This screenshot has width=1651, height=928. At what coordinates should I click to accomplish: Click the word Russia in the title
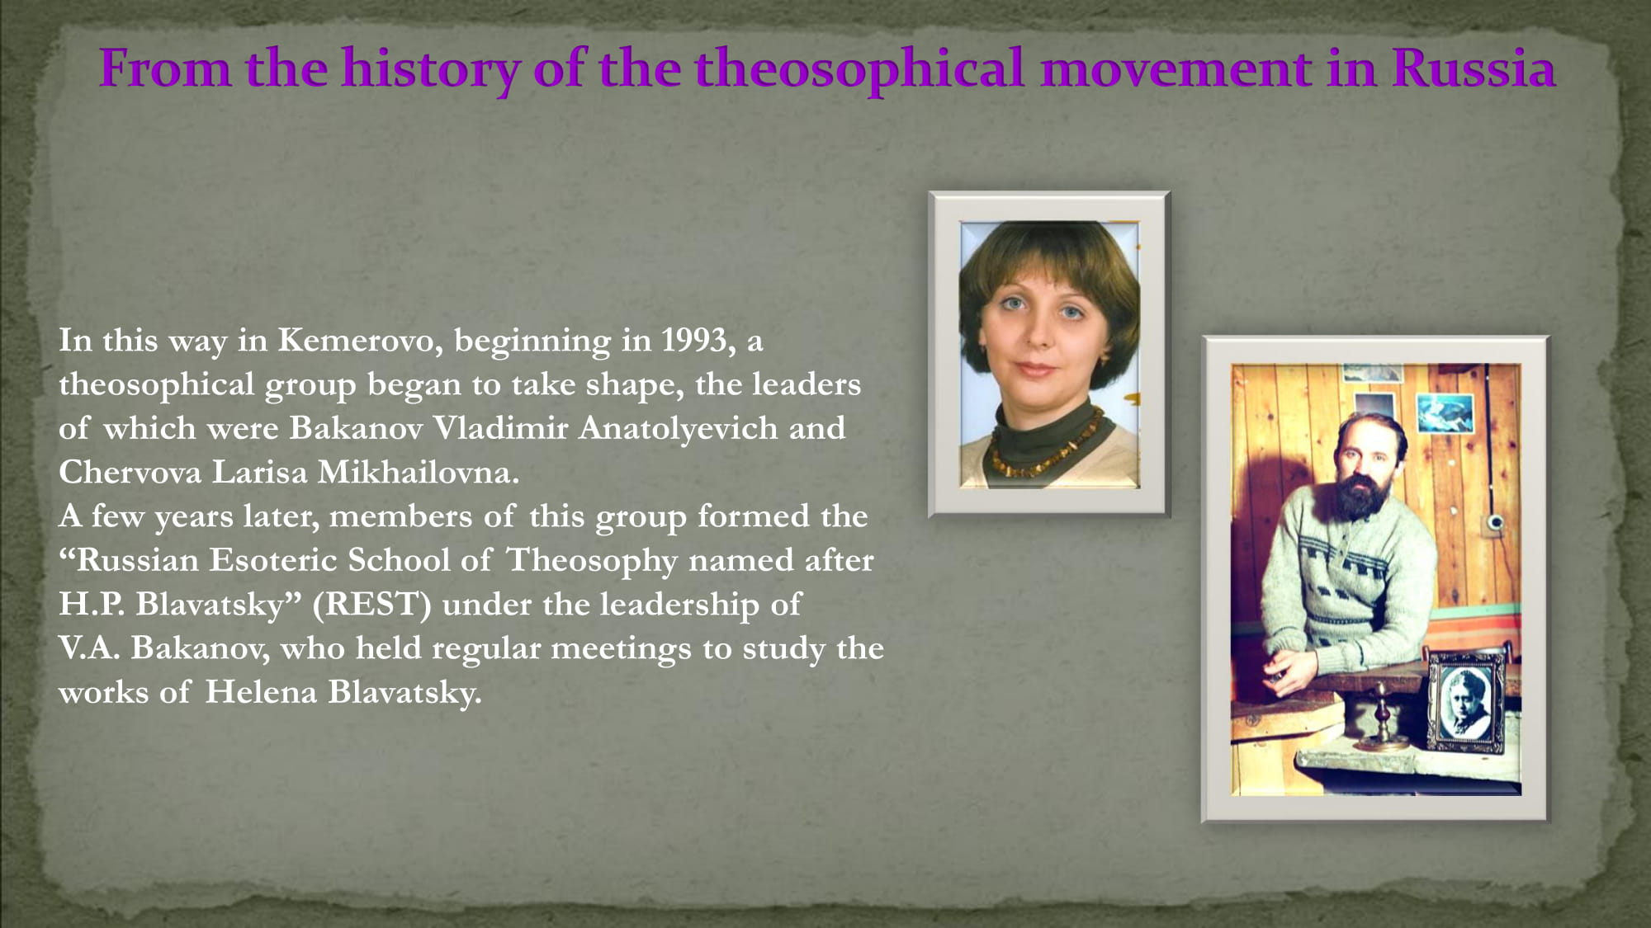(1474, 68)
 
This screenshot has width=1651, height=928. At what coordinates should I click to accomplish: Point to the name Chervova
(130, 472)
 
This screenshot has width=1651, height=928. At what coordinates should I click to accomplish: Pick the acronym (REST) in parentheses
(371, 605)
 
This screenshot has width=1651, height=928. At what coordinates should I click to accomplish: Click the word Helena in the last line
(261, 692)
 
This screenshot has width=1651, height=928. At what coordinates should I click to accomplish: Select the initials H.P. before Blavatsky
(91, 605)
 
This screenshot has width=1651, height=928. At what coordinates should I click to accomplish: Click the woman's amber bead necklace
(1047, 445)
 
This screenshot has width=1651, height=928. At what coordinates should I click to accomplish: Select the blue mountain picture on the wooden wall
(1445, 412)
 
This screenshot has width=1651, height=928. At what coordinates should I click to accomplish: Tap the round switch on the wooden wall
(1494, 522)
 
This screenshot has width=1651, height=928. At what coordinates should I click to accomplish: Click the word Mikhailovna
(418, 472)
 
